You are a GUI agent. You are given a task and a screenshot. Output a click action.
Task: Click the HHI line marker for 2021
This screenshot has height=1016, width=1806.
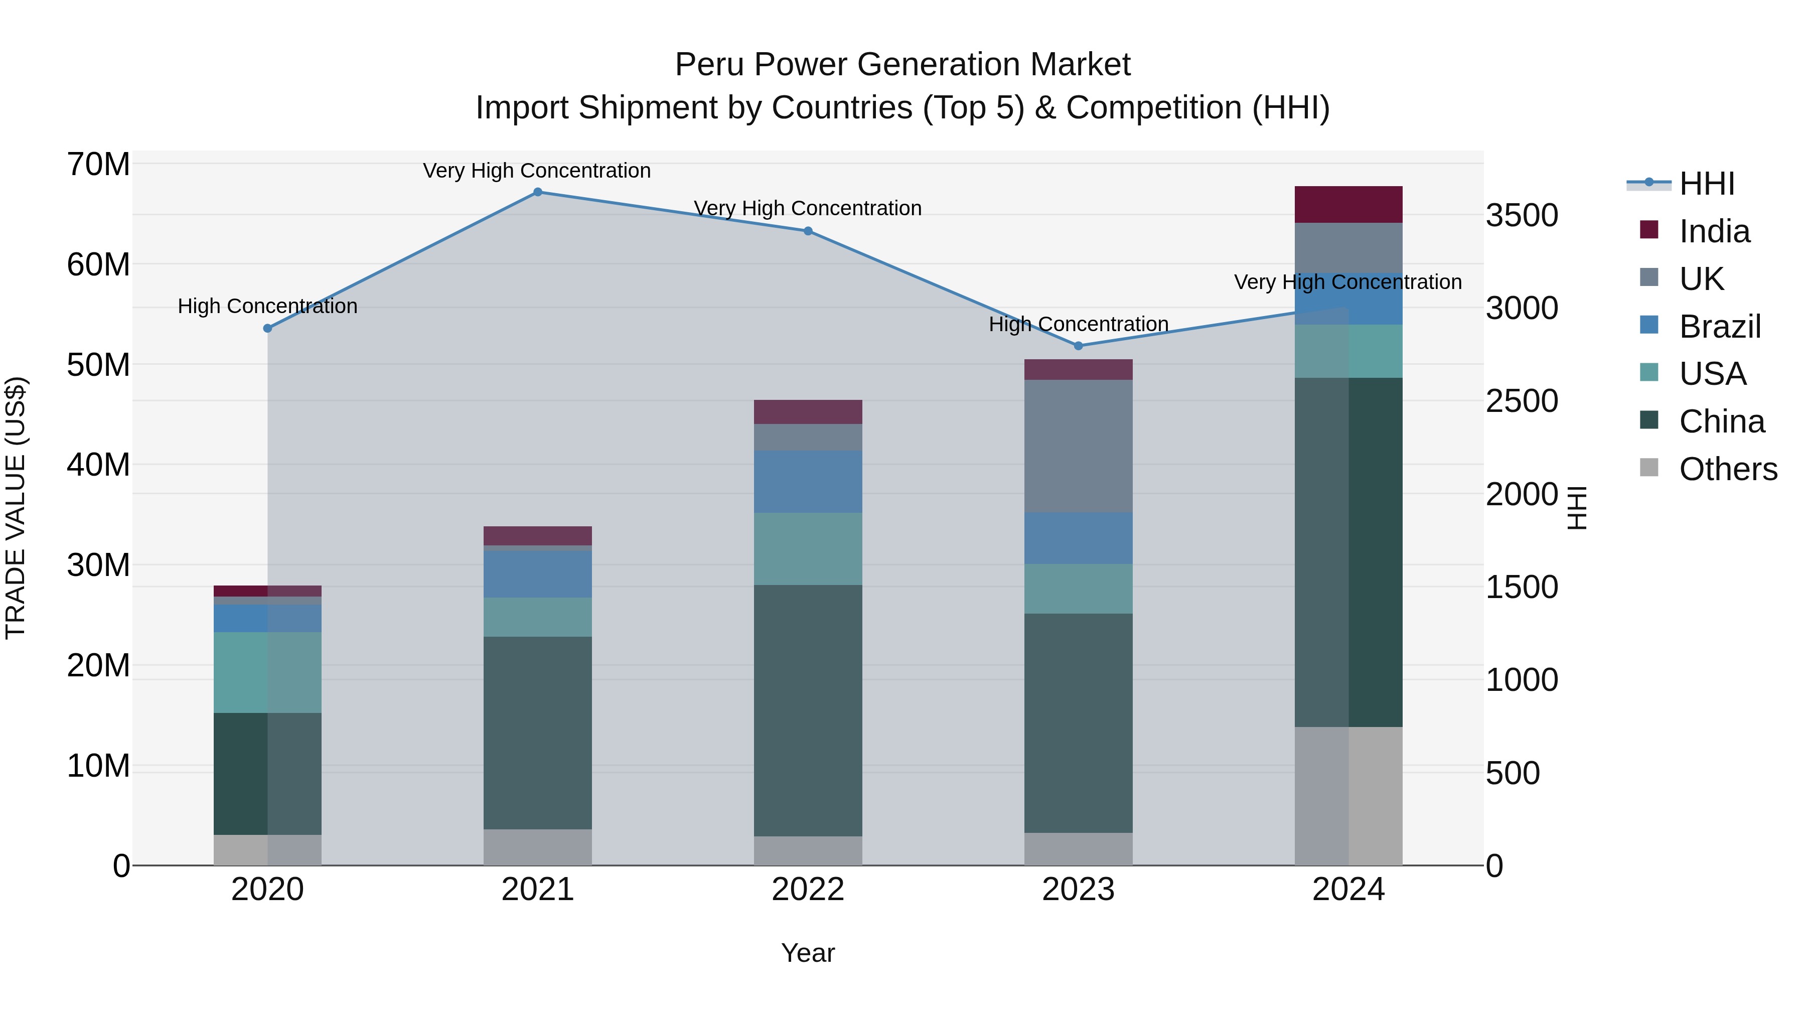(538, 192)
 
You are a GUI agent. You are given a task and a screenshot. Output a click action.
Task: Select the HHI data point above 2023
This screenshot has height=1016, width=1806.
(1078, 346)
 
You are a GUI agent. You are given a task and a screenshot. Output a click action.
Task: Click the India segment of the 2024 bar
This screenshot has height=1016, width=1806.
(1348, 205)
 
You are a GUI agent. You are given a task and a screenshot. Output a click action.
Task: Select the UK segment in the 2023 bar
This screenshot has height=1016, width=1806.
(1078, 446)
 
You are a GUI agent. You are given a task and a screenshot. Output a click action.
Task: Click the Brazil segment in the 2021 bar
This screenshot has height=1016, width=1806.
(538, 573)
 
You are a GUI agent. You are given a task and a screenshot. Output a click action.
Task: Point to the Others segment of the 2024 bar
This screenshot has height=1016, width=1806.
(1348, 796)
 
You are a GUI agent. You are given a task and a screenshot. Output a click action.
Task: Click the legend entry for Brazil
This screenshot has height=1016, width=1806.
(1719, 327)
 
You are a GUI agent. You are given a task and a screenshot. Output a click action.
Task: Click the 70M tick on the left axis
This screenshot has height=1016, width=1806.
(98, 165)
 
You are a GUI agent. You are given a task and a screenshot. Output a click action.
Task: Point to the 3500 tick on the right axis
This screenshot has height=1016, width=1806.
(1522, 215)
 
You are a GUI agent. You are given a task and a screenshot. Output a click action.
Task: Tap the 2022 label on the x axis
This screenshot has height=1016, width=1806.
(808, 890)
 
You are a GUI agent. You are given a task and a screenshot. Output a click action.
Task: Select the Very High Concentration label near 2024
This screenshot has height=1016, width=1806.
(1347, 282)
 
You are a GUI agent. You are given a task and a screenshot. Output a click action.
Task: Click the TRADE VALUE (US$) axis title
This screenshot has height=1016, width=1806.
(16, 508)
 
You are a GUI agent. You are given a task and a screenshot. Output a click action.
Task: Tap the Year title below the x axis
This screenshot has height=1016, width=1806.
(808, 953)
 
